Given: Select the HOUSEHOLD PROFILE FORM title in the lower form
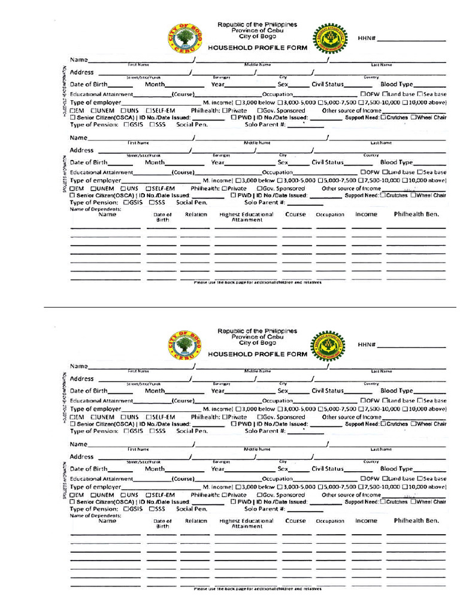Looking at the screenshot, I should click(258, 354).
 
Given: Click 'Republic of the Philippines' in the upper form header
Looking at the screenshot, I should click(257, 25).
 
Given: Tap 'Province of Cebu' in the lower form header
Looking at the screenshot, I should click(257, 337).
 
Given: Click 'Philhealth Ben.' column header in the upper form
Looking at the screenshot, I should click(416, 214).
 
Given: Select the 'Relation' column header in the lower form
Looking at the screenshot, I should click(196, 521).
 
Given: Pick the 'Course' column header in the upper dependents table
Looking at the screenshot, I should click(295, 214).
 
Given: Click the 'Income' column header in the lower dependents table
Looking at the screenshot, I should click(366, 521).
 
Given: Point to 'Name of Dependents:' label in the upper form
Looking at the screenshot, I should click(95, 209).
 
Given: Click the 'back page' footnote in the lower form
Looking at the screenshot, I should click(258, 589).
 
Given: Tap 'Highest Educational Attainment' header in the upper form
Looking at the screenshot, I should click(247, 217).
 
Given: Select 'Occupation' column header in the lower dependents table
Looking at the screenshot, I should click(330, 522).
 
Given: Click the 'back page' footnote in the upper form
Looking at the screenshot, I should click(258, 282).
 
